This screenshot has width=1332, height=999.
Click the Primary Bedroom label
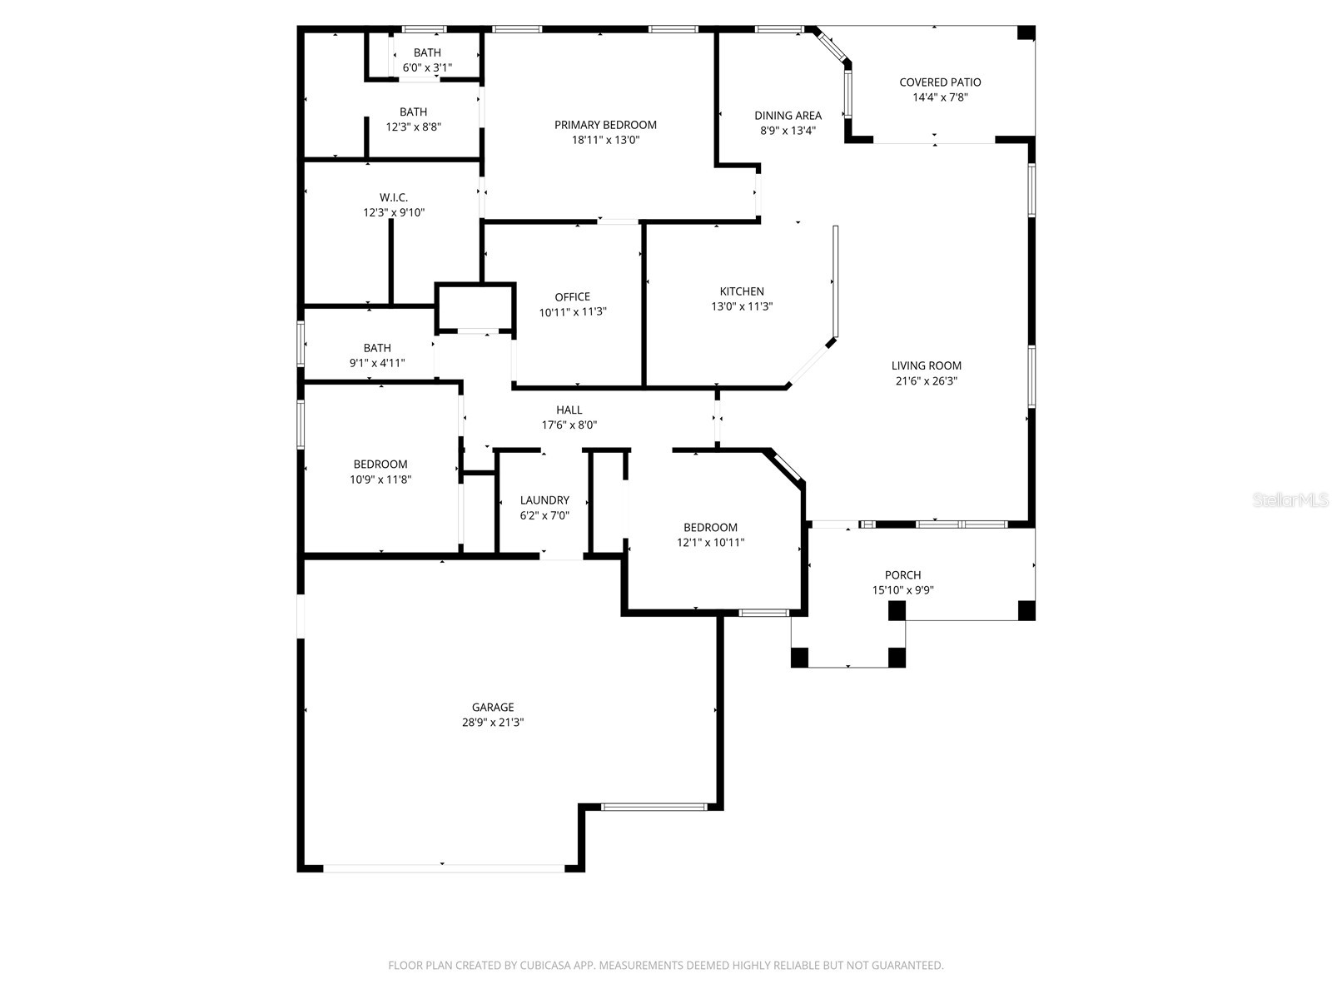coord(605,125)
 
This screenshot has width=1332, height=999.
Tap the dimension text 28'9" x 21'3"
coord(493,723)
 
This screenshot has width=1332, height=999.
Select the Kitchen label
coord(742,291)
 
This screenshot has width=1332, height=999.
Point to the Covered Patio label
coord(940,82)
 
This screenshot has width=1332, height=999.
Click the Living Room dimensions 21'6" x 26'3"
coord(926,381)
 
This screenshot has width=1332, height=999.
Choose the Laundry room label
coord(544,500)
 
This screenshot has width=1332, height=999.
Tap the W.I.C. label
coord(394,197)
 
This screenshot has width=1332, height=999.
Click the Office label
coord(572,297)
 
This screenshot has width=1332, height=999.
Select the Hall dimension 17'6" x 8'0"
coord(569,425)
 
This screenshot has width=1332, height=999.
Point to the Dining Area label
coord(788,116)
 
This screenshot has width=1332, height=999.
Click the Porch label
coord(902,575)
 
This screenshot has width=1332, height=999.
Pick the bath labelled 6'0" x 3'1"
coord(427,53)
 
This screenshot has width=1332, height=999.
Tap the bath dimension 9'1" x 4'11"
coord(377,363)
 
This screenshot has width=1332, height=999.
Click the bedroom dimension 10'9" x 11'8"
coord(380,480)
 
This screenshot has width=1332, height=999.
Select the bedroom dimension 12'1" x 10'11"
coord(710,543)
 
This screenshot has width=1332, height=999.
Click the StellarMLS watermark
coord(1290,500)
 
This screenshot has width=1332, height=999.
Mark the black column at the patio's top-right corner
coord(1026,33)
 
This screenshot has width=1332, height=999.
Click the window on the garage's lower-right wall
coord(654,807)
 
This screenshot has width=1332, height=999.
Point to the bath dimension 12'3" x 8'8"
coord(413,127)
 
